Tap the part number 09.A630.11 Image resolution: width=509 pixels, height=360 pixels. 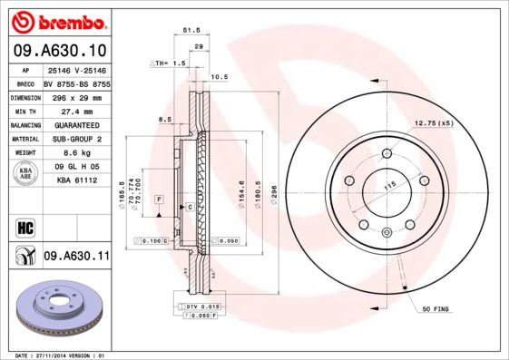(x=76, y=257)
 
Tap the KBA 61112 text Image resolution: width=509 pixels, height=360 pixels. (x=76, y=181)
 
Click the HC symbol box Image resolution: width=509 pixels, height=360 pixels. (x=24, y=228)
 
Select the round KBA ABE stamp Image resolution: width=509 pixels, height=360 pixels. (x=24, y=174)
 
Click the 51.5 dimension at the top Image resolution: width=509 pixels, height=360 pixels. (x=191, y=31)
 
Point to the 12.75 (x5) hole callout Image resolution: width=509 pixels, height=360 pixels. (x=434, y=122)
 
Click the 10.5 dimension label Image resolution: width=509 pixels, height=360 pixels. (x=219, y=78)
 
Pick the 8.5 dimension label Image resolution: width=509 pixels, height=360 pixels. (x=165, y=119)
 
